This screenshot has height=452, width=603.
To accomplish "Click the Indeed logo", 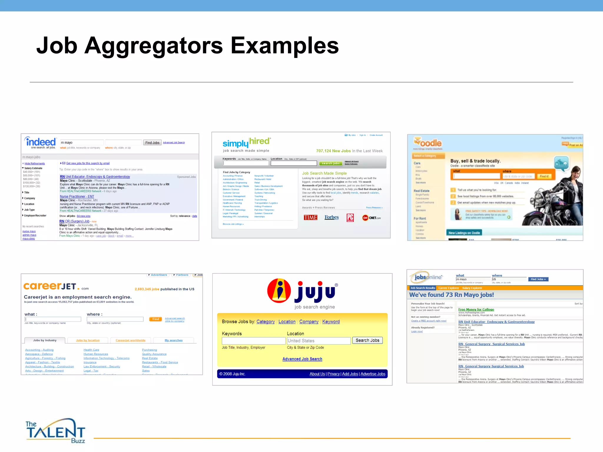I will point(41,142).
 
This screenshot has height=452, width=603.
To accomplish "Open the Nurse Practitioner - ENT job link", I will point(77,197).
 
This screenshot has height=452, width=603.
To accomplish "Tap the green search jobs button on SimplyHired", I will point(331,163).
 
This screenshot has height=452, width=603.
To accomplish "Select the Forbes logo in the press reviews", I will point(332,217).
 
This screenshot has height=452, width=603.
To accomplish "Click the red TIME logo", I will point(310,217).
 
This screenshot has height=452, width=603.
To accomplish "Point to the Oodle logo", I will point(428,143).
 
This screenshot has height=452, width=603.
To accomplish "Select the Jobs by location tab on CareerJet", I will point(88,340).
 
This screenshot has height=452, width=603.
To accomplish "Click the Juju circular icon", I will point(279,291).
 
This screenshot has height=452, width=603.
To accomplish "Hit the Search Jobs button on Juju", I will point(367,340).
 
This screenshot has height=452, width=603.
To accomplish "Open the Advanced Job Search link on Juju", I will point(302,359).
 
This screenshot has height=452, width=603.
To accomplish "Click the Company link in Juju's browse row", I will point(309,322).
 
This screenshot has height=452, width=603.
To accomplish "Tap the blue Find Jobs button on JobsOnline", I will point(538,279).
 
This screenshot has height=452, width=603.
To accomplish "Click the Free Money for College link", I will point(476,309).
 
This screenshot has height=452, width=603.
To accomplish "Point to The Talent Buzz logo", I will point(55,431).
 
